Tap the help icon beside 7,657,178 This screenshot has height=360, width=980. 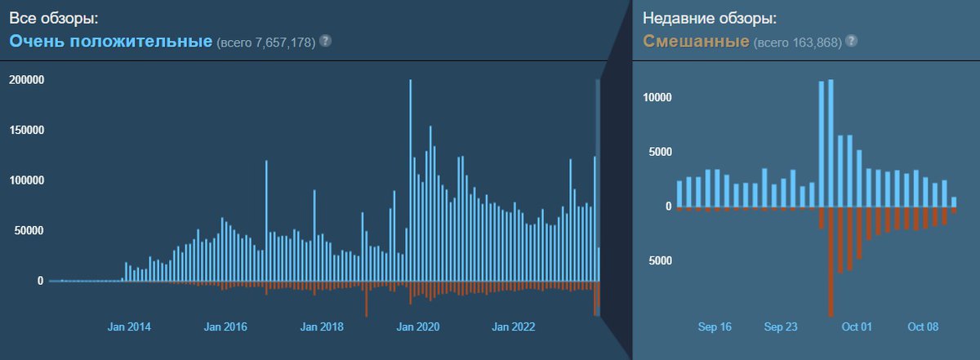325,41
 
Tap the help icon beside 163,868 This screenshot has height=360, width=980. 852,41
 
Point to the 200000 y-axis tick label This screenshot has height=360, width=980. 25,80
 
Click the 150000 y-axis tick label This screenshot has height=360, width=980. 25,131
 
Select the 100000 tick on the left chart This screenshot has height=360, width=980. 25,180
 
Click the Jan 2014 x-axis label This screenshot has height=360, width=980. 129,327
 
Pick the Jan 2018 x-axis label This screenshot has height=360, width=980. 322,327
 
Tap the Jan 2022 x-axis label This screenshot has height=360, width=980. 513,327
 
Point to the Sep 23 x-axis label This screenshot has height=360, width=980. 782,327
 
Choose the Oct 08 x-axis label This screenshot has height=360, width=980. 924,327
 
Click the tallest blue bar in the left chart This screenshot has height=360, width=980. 410,180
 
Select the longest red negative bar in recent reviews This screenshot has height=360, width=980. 831,261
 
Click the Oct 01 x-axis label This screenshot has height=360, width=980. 857,327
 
